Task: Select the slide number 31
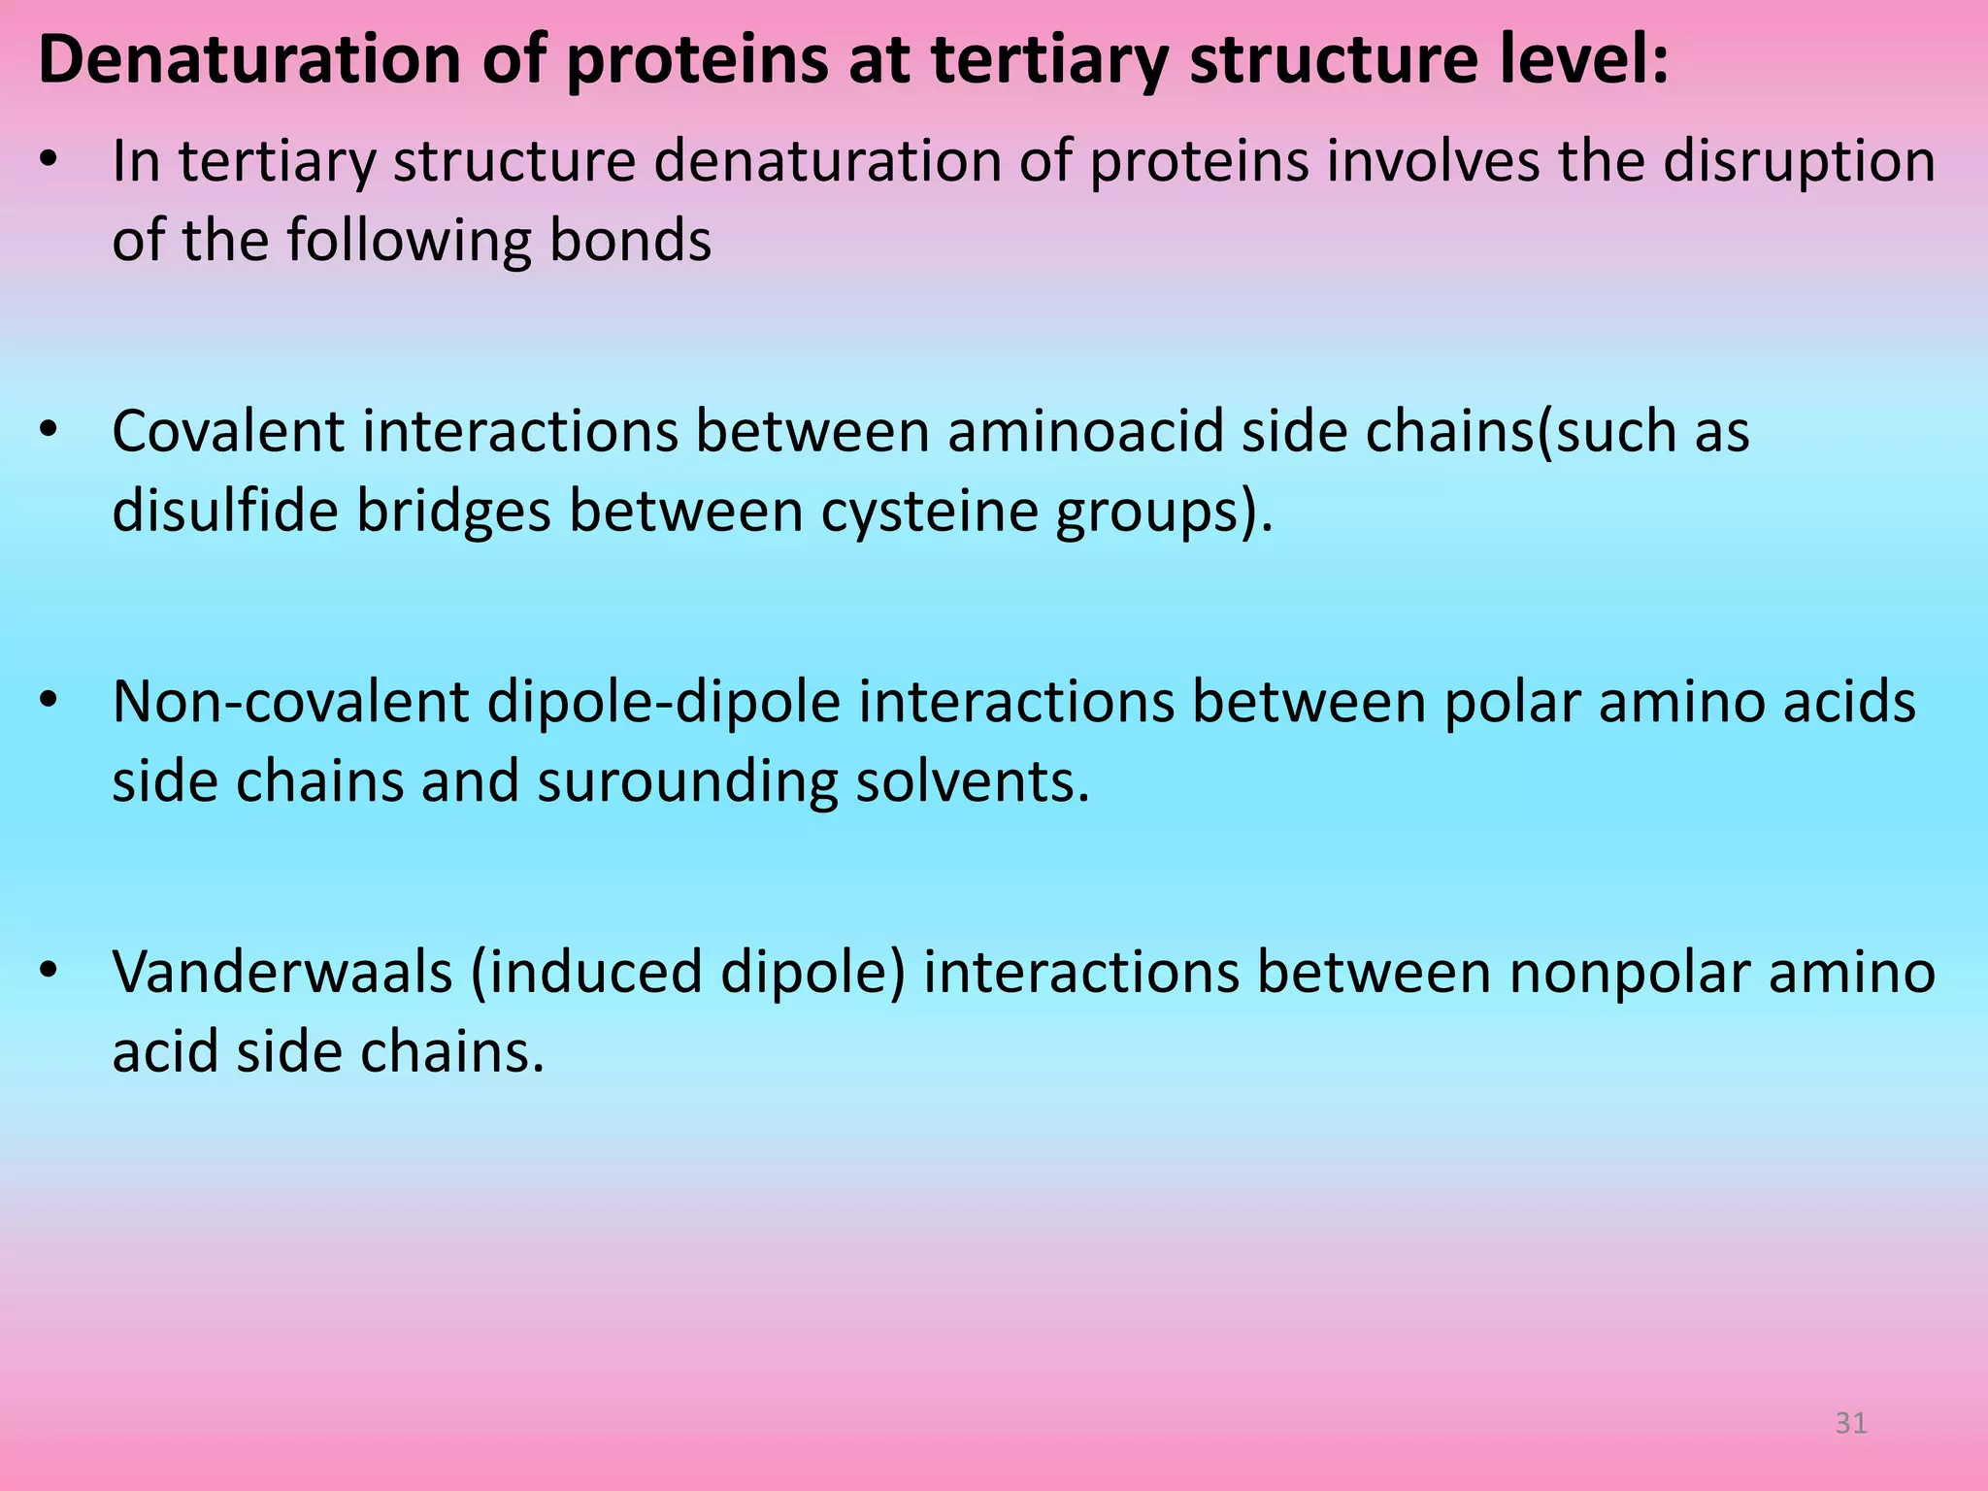coord(1851,1423)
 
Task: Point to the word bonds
coord(630,240)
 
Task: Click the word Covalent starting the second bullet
coord(228,431)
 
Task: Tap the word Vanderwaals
coord(282,972)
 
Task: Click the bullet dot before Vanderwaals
coord(50,970)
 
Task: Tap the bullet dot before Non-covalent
coord(50,699)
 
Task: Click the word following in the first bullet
coord(409,240)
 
